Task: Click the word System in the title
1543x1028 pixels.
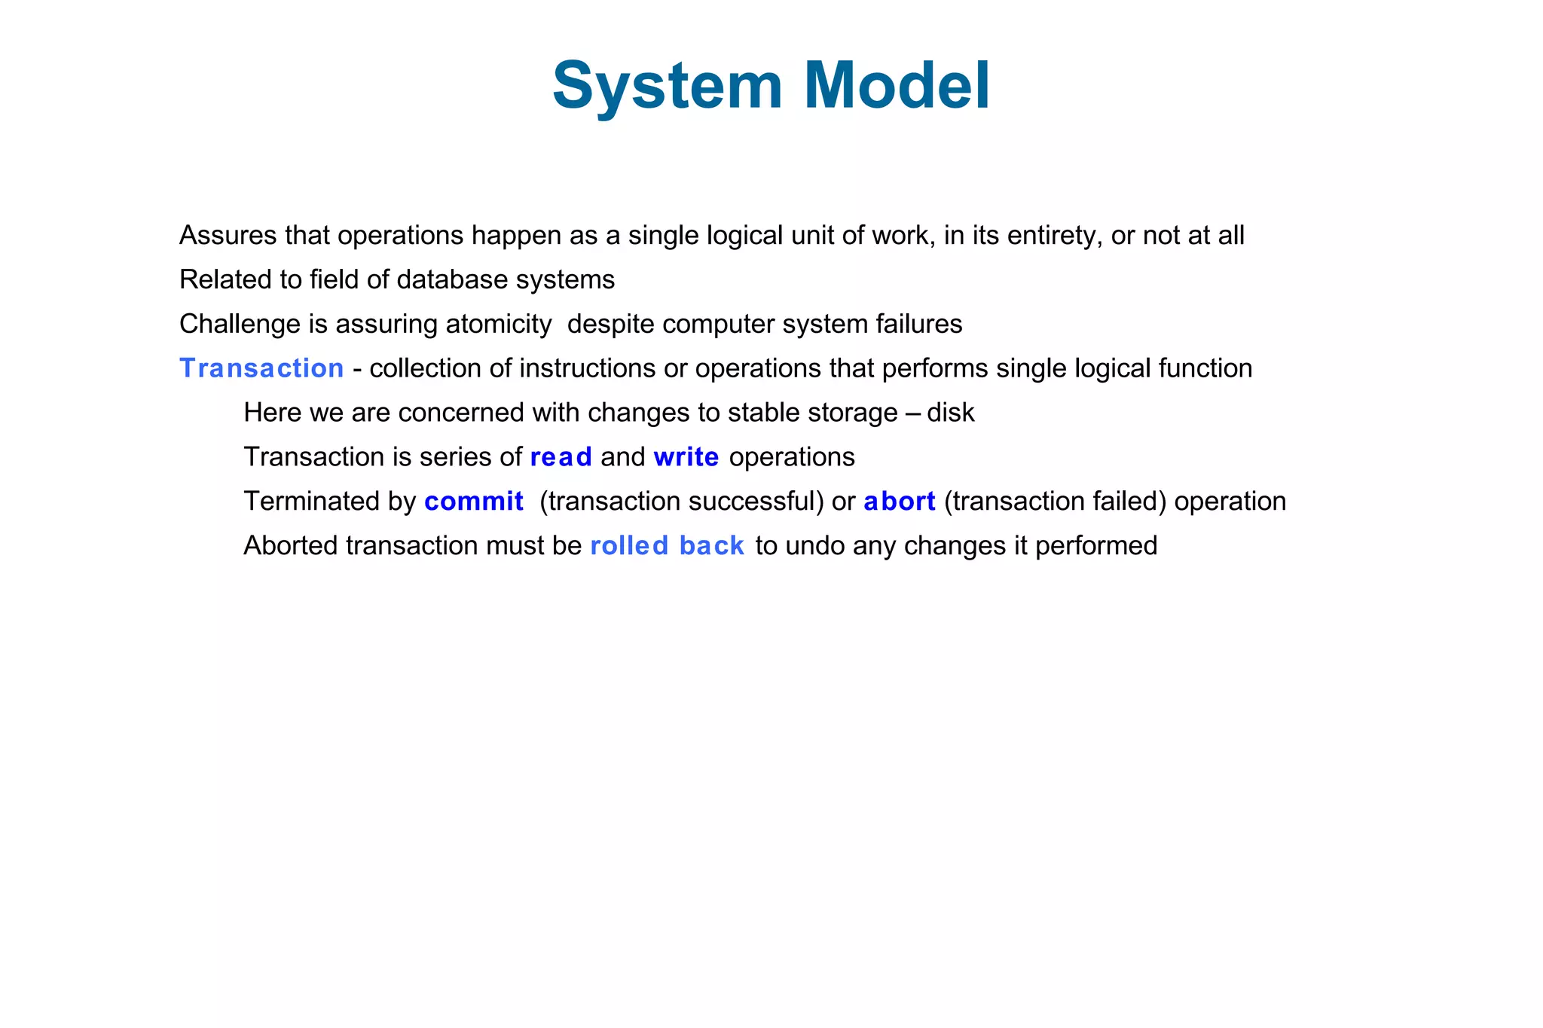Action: pos(668,86)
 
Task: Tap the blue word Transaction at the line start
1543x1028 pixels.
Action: pos(261,368)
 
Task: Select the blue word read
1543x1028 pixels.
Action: pos(561,457)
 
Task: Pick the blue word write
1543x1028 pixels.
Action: pos(686,457)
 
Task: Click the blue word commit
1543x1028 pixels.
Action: pos(473,502)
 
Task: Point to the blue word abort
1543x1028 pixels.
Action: pos(899,502)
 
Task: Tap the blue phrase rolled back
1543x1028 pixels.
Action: pos(667,546)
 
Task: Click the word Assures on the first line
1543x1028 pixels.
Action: pos(228,236)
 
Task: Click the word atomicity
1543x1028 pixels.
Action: pos(498,325)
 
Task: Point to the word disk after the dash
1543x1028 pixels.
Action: pos(950,413)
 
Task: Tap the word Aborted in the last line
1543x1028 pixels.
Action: pos(290,546)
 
